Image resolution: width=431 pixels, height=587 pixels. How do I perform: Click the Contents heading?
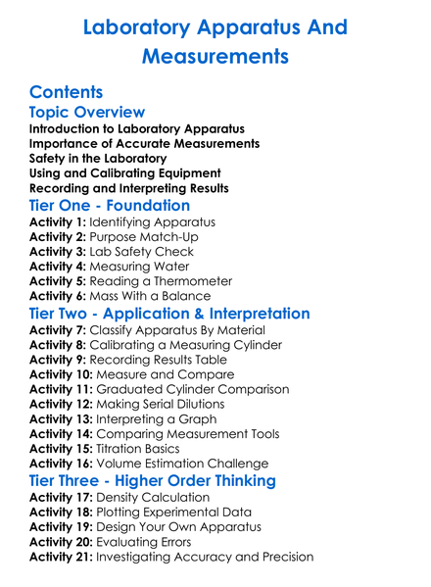pyautogui.click(x=66, y=92)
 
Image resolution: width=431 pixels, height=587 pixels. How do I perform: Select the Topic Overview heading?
pyautogui.click(x=87, y=113)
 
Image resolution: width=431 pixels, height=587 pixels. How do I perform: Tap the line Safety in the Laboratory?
pyautogui.click(x=98, y=158)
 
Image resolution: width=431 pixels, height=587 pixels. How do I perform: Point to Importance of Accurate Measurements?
pyautogui.click(x=144, y=143)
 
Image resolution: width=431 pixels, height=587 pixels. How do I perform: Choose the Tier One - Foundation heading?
pyautogui.click(x=110, y=206)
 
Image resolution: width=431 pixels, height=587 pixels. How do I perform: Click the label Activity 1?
pyautogui.click(x=58, y=222)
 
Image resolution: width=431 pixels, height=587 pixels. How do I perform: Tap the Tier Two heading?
pyautogui.click(x=169, y=315)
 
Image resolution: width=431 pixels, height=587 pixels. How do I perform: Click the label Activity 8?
pyautogui.click(x=58, y=344)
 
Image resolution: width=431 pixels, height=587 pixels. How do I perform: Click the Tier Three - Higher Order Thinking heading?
pyautogui.click(x=152, y=481)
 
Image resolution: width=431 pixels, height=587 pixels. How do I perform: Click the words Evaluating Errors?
pyautogui.click(x=147, y=542)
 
